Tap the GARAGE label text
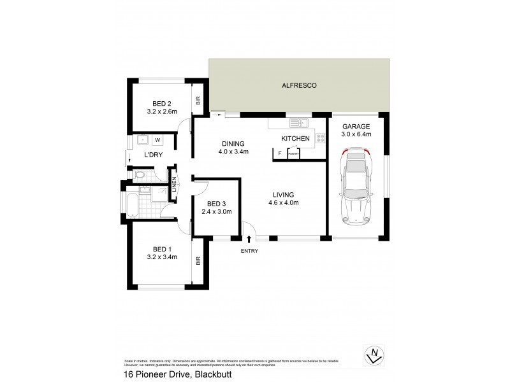356,126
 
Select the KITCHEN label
295,138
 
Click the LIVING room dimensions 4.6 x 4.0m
284,203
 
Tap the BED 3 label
216,203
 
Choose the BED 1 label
161,248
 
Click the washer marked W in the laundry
157,140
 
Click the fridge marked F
279,153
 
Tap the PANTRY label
293,153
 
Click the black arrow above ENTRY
249,239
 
